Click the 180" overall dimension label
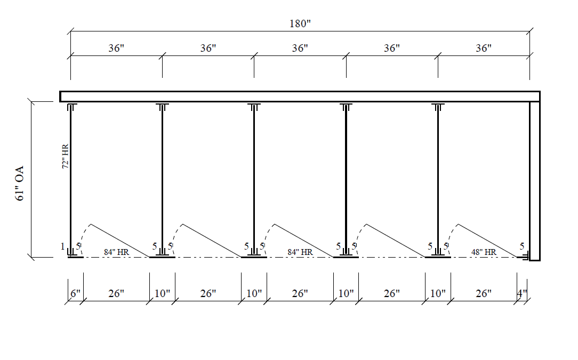coord(300,25)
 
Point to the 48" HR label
coord(483,252)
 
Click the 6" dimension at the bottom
coord(75,293)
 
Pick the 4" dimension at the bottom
coord(522,293)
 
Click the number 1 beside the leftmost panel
coord(62,246)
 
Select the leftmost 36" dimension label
coord(116,48)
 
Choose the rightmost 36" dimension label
coord(483,48)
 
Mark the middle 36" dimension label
coord(300,48)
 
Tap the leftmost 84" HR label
coord(116,252)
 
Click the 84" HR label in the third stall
coord(300,252)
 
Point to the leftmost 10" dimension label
coord(162,293)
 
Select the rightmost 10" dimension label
coord(438,293)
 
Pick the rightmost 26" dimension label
coord(483,293)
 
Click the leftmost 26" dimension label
coord(116,293)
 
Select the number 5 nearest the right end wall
coord(523,246)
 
